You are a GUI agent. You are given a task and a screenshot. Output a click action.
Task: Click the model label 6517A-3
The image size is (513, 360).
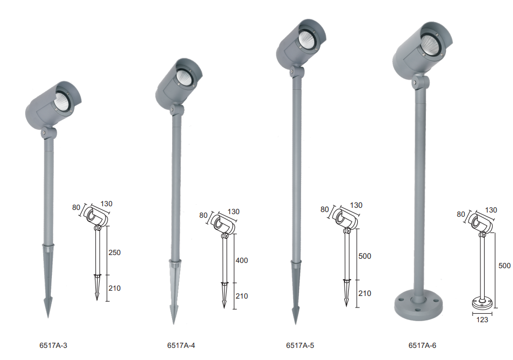pos(54,345)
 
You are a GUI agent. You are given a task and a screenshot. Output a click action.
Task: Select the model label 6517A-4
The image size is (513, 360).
pos(181,345)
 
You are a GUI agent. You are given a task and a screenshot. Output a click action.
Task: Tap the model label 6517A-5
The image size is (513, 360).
pos(300,345)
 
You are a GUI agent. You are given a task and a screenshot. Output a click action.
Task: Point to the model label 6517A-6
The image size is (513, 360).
pos(422,345)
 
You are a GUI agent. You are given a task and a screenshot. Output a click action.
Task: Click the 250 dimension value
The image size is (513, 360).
pos(114,252)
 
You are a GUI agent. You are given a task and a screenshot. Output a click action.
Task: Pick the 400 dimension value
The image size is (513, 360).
pos(242,260)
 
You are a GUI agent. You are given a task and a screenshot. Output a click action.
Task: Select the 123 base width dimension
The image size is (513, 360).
pos(482,320)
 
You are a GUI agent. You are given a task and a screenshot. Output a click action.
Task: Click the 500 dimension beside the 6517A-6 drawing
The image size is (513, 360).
pos(505,266)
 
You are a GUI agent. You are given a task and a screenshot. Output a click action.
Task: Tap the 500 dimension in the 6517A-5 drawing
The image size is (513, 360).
pos(365,256)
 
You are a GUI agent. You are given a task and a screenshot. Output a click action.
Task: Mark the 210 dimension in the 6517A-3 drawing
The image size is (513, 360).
pos(114,288)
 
